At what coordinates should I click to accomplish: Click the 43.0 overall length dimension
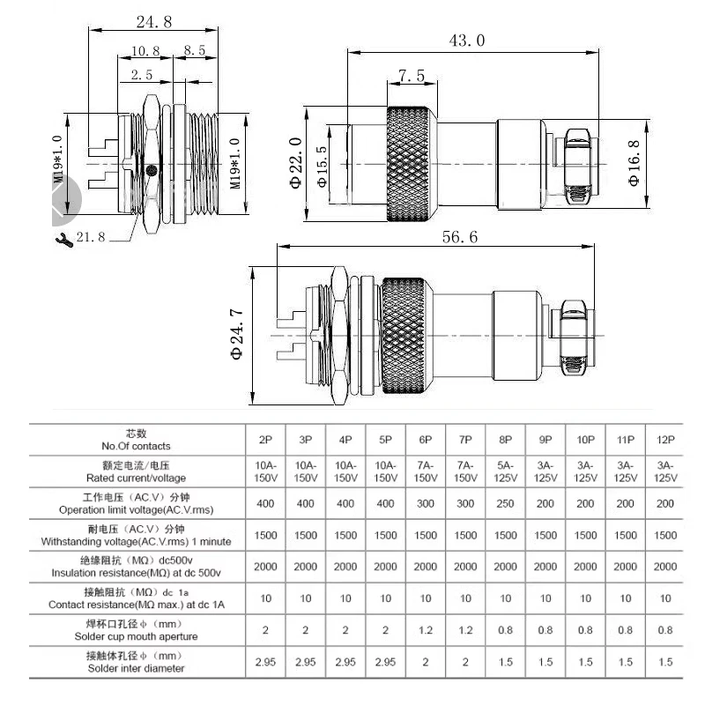click(x=467, y=41)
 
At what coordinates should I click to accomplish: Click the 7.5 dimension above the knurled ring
click(x=411, y=76)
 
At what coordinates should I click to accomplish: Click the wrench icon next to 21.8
click(x=63, y=238)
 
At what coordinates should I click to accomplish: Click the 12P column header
click(x=665, y=439)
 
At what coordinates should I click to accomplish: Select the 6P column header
click(x=425, y=439)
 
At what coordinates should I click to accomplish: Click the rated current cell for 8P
click(x=505, y=471)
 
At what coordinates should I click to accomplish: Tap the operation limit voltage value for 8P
click(x=505, y=503)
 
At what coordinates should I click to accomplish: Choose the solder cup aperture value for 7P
click(x=465, y=630)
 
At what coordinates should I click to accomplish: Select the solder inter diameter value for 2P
click(x=264, y=662)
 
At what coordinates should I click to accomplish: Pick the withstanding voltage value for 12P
click(x=665, y=535)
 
